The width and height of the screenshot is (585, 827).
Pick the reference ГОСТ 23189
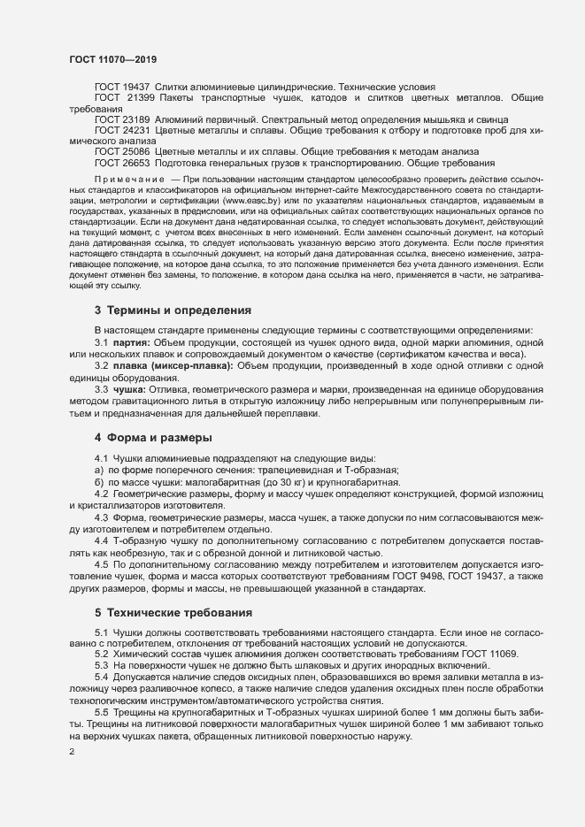pos(122,119)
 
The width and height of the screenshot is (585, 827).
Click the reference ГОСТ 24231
pos(122,129)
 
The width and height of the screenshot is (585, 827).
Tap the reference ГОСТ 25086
pos(122,151)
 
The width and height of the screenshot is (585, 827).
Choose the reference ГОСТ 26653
pos(122,162)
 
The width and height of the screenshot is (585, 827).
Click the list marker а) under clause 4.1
pos(99,471)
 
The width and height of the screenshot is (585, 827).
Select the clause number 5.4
pos(102,675)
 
